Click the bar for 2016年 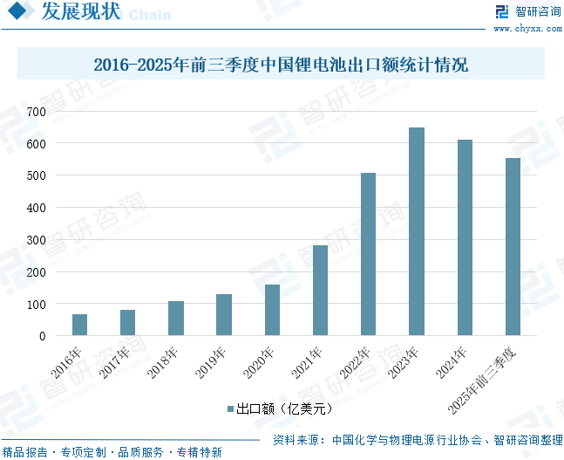(x=79, y=325)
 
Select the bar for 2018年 (x=176, y=319)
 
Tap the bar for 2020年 (x=272, y=310)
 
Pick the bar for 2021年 (x=320, y=291)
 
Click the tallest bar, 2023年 (x=417, y=231)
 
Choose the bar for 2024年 (x=465, y=237)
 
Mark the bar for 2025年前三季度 (x=513, y=247)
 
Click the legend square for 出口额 (x=230, y=408)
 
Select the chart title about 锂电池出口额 (x=281, y=65)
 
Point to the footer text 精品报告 (x=25, y=452)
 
